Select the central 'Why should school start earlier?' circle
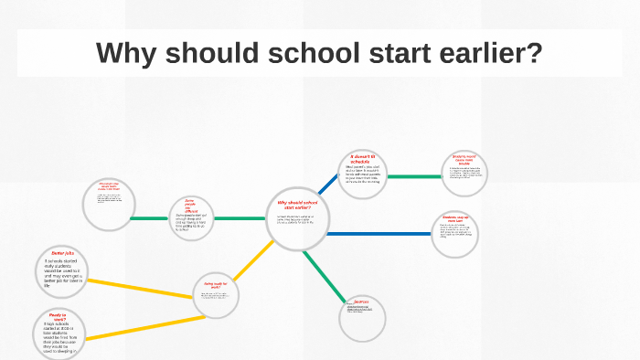coord(296,220)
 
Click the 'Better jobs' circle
coord(63,271)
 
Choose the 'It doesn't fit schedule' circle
coord(363,175)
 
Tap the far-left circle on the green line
coord(108,205)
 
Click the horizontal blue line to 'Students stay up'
coord(379,233)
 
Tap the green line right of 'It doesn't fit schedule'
coord(414,175)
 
